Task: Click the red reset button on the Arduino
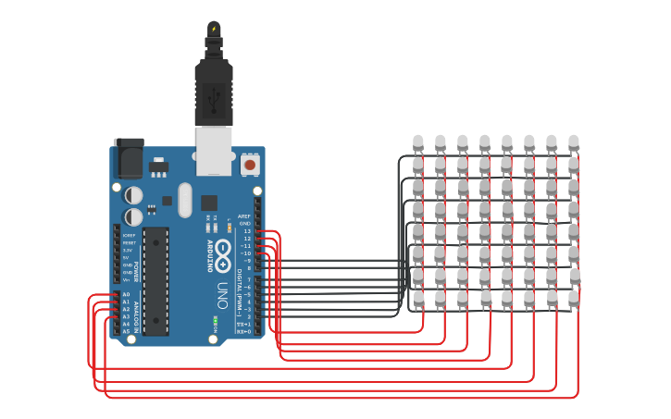pos(249,165)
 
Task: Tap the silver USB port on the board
pos(214,150)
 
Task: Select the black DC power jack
pos(128,159)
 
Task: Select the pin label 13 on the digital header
pos(247,231)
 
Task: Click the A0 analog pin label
pos(126,294)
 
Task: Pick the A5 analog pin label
pos(126,331)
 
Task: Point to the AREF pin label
pos(244,216)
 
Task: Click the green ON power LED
pos(215,321)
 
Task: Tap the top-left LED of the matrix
pos(417,142)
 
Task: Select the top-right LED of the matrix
pos(573,142)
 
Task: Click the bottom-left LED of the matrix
pos(418,297)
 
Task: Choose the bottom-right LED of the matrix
pos(574,297)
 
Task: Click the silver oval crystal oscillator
pos(183,199)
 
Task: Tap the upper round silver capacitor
pos(134,195)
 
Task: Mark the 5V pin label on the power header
pos(127,257)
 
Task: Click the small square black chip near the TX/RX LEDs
pos(209,202)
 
